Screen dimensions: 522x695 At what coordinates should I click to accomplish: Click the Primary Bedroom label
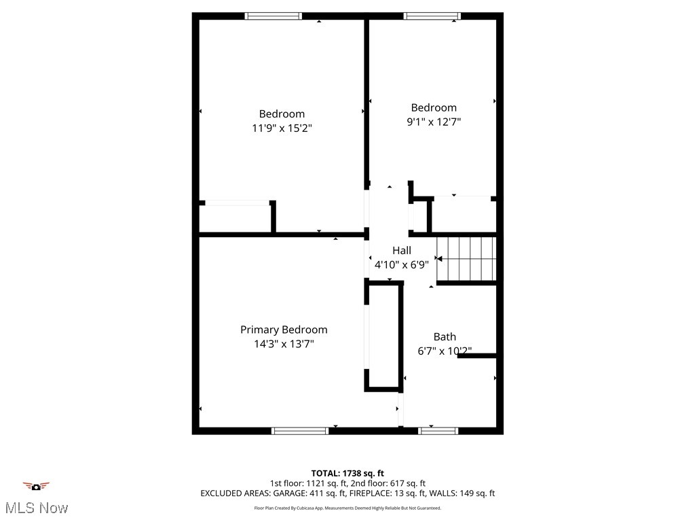(x=284, y=330)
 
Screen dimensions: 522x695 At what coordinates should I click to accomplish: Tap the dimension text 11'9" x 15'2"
(x=282, y=128)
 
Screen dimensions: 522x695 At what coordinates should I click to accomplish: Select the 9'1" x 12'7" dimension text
(x=434, y=122)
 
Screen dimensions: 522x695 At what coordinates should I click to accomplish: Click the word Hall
(x=402, y=250)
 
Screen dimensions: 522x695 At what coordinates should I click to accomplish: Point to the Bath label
(x=445, y=336)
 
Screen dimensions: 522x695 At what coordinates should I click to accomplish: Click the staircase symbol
(x=466, y=258)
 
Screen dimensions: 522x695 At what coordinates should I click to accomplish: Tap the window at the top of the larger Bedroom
(x=274, y=16)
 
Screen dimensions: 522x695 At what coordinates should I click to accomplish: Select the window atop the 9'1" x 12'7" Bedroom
(x=432, y=16)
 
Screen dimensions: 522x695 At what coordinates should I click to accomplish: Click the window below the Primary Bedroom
(x=300, y=430)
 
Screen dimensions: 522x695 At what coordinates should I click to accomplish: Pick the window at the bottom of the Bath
(x=438, y=430)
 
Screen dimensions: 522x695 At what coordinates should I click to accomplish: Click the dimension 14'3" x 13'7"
(x=284, y=344)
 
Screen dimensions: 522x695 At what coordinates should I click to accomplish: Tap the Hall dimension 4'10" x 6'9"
(x=402, y=264)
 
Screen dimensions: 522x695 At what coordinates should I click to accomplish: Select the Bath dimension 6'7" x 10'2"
(x=445, y=351)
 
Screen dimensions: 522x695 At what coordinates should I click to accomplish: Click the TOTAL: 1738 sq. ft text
(x=347, y=473)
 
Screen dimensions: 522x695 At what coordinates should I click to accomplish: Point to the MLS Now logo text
(x=37, y=508)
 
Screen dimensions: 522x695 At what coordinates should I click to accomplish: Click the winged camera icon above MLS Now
(x=37, y=486)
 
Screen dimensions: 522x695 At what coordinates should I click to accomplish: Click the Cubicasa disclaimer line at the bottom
(x=347, y=508)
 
